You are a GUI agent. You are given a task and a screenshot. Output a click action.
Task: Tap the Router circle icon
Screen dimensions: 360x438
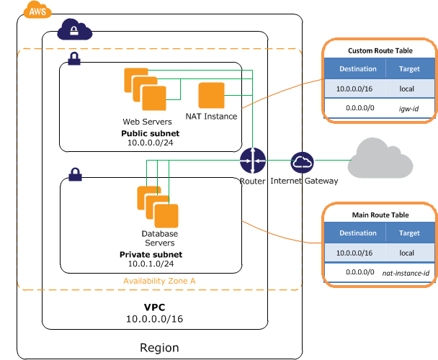[x=253, y=161]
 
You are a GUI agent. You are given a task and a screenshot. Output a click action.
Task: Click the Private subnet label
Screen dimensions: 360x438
[x=151, y=255]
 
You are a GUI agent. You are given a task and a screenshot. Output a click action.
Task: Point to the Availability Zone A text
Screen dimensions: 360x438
[x=159, y=281]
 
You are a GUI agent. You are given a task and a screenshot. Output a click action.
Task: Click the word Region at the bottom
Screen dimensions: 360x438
[x=159, y=348]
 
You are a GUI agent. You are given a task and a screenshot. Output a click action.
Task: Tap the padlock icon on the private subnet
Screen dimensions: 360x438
[x=74, y=174]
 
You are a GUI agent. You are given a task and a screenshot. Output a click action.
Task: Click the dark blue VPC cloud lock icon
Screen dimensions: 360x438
[x=76, y=30]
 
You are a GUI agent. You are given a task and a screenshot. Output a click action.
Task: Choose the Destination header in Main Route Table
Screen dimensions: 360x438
[x=357, y=233]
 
